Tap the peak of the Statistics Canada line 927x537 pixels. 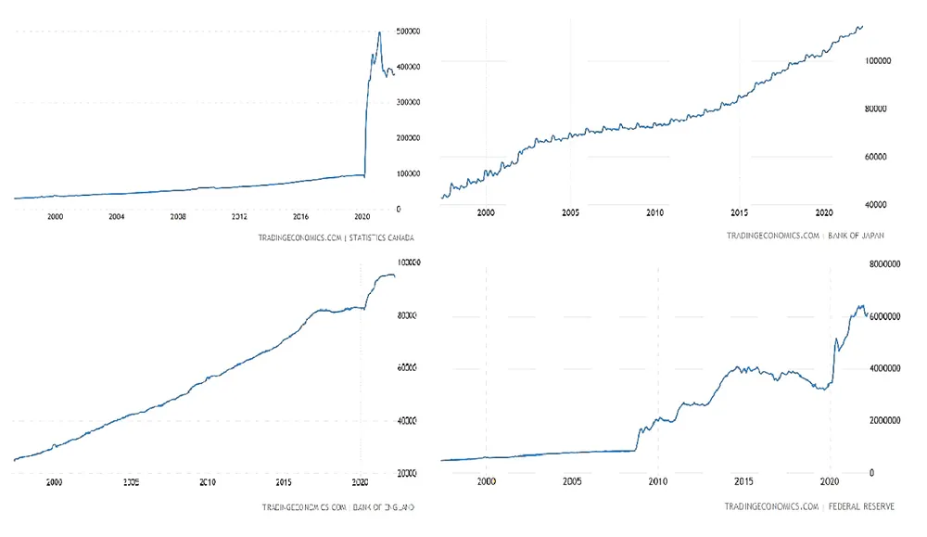point(379,32)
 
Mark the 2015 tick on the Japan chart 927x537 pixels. point(740,211)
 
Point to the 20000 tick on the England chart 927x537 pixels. point(410,473)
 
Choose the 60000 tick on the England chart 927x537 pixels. point(410,368)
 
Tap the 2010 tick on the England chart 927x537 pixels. point(207,483)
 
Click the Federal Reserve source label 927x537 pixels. point(853,506)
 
